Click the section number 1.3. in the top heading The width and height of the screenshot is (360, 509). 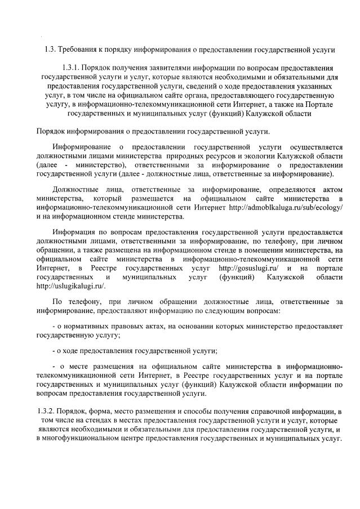tap(50, 50)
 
